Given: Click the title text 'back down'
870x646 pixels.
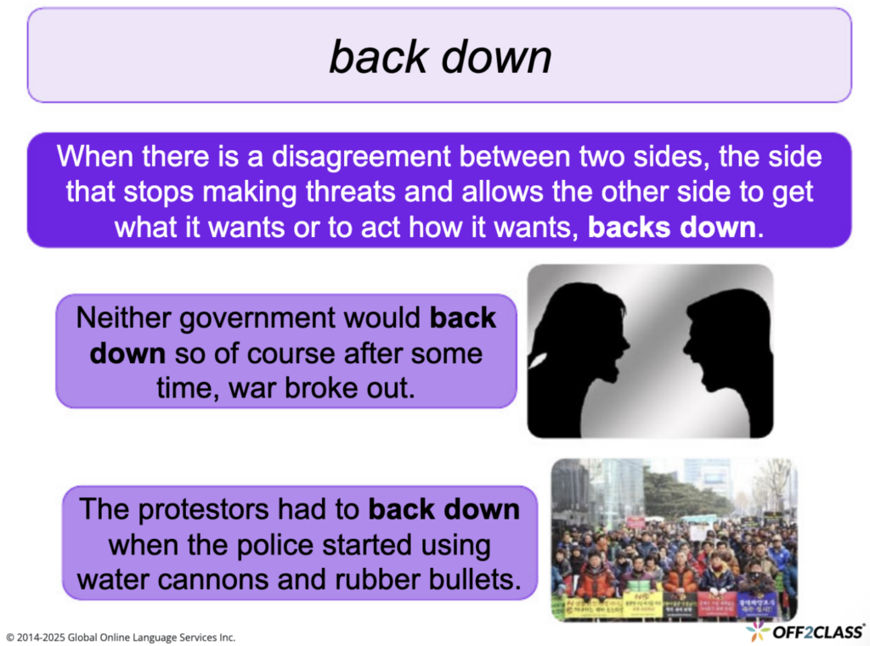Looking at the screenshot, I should (x=440, y=57).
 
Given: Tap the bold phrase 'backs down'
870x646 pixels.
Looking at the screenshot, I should (x=670, y=226).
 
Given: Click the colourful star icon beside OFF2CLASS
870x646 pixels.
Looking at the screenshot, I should (x=757, y=631).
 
